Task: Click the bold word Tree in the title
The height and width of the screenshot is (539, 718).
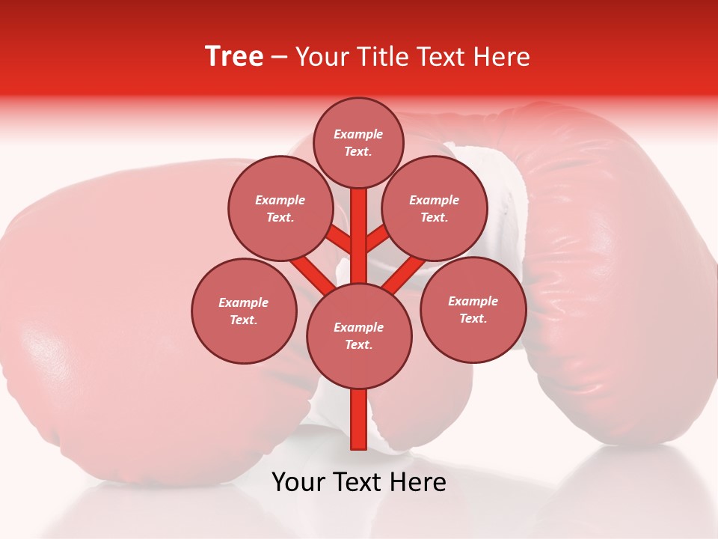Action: click(234, 57)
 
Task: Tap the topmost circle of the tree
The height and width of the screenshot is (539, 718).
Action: click(358, 142)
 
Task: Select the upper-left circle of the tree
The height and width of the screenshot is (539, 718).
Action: click(280, 208)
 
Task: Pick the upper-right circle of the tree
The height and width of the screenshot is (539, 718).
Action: click(435, 208)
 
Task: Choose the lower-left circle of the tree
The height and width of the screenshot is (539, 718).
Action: click(244, 311)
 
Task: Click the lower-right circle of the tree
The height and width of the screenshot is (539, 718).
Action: click(473, 309)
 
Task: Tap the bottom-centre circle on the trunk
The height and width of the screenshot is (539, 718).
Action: click(359, 335)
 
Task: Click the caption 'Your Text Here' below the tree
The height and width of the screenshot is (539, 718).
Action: click(359, 482)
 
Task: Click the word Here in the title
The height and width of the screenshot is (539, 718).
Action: click(504, 57)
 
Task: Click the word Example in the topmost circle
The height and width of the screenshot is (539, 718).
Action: click(358, 134)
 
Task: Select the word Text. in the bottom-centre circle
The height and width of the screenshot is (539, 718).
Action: click(358, 344)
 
